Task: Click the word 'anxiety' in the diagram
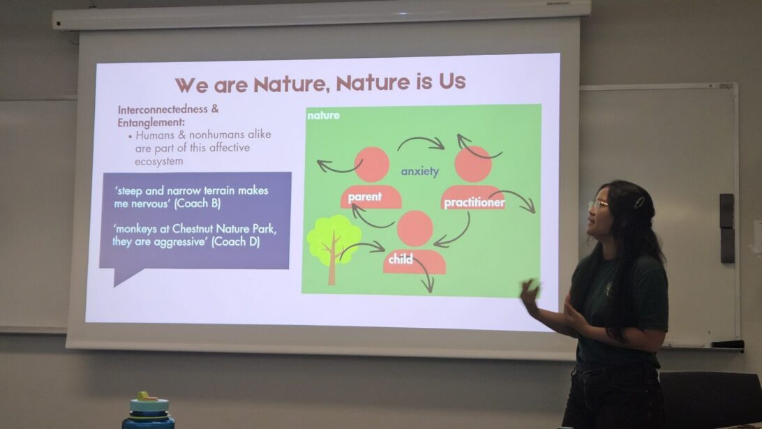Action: [x=420, y=172]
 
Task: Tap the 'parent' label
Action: [x=364, y=197]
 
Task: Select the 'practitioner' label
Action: [x=475, y=202]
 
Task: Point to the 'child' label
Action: [x=401, y=259]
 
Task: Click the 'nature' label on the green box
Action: [x=323, y=116]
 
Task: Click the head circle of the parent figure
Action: [x=372, y=164]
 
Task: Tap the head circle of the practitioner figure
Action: [x=473, y=164]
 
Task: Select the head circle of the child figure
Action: [x=415, y=228]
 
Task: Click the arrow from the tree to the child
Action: [x=361, y=244]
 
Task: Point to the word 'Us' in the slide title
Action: [x=452, y=82]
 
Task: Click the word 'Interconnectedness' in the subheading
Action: [x=163, y=110]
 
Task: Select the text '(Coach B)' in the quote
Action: [x=197, y=203]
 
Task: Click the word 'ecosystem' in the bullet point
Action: [x=159, y=161]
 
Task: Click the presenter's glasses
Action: [x=598, y=204]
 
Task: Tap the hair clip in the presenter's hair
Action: [x=638, y=202]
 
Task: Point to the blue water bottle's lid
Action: [x=148, y=402]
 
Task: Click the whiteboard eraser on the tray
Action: [x=727, y=344]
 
